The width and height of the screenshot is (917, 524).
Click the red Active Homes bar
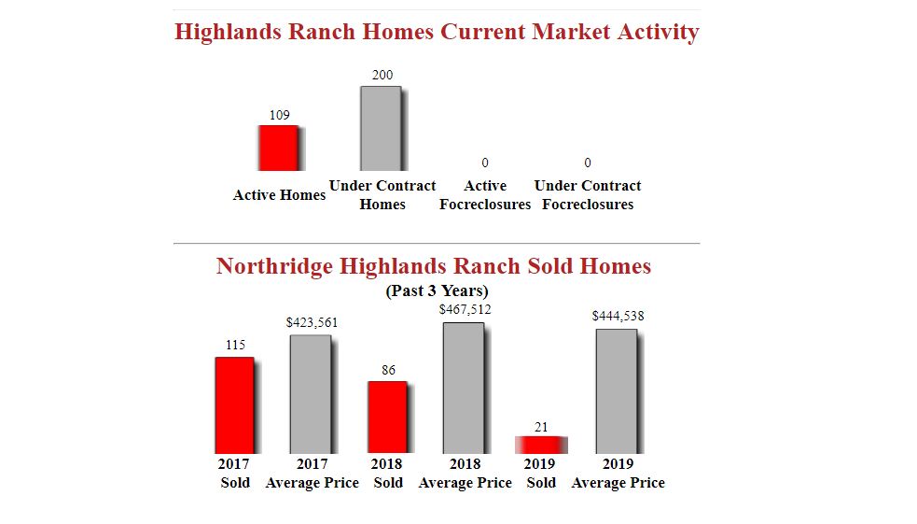tap(279, 149)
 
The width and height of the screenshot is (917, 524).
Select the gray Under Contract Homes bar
tap(381, 129)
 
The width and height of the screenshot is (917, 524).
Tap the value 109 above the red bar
tap(280, 115)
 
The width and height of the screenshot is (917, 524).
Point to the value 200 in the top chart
tap(382, 75)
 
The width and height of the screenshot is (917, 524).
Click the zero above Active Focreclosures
tap(485, 163)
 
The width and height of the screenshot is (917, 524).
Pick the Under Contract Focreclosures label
tap(588, 195)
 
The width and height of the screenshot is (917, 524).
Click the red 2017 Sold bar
tap(234, 405)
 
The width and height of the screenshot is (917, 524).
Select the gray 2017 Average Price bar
tap(311, 394)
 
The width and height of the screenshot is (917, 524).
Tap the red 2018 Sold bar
tap(388, 418)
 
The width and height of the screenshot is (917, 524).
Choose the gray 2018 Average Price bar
tap(464, 389)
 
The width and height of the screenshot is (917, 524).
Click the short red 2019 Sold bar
tap(541, 445)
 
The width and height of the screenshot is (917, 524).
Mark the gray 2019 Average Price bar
tap(617, 391)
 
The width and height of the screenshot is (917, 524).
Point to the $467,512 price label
tap(465, 310)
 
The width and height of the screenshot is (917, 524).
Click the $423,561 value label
tap(312, 322)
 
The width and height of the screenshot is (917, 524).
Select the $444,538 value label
tap(618, 316)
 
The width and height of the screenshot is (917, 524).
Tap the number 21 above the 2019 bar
tap(542, 428)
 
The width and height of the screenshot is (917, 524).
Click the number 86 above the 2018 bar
tap(388, 370)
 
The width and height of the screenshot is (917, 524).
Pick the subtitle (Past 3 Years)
tap(437, 291)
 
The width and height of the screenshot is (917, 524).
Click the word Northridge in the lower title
tap(274, 266)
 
